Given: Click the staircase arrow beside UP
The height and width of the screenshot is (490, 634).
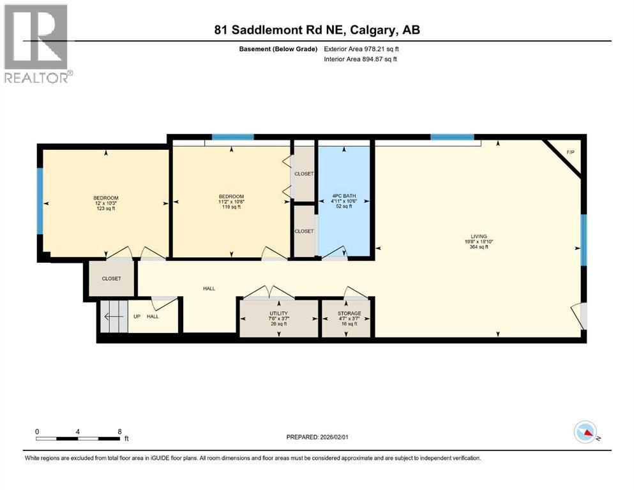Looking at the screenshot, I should click(x=113, y=316).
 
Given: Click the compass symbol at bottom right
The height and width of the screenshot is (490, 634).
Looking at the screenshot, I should click(x=585, y=433).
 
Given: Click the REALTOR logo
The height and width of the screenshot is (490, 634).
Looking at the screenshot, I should click(x=37, y=43).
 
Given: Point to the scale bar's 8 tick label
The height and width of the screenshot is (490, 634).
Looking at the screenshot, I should click(x=119, y=431).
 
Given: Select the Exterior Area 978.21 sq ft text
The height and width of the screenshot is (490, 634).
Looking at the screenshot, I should click(x=362, y=48).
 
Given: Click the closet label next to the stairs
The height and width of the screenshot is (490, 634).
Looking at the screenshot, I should click(x=111, y=279).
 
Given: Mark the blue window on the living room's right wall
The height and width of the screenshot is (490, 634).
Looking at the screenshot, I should click(x=583, y=239).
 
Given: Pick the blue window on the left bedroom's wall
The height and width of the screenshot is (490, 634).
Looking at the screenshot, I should click(x=40, y=201).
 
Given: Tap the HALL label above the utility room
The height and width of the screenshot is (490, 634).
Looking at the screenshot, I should click(x=209, y=288).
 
